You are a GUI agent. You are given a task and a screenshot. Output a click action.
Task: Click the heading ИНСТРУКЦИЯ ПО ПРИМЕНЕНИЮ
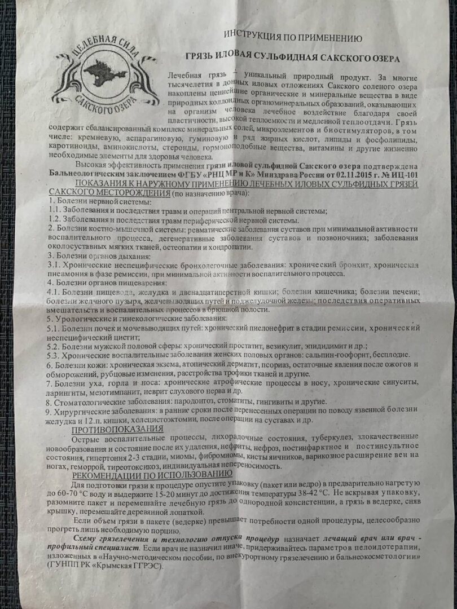[292, 37]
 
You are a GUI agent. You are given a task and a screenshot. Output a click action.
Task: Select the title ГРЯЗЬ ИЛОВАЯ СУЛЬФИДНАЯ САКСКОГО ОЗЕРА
[293, 59]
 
